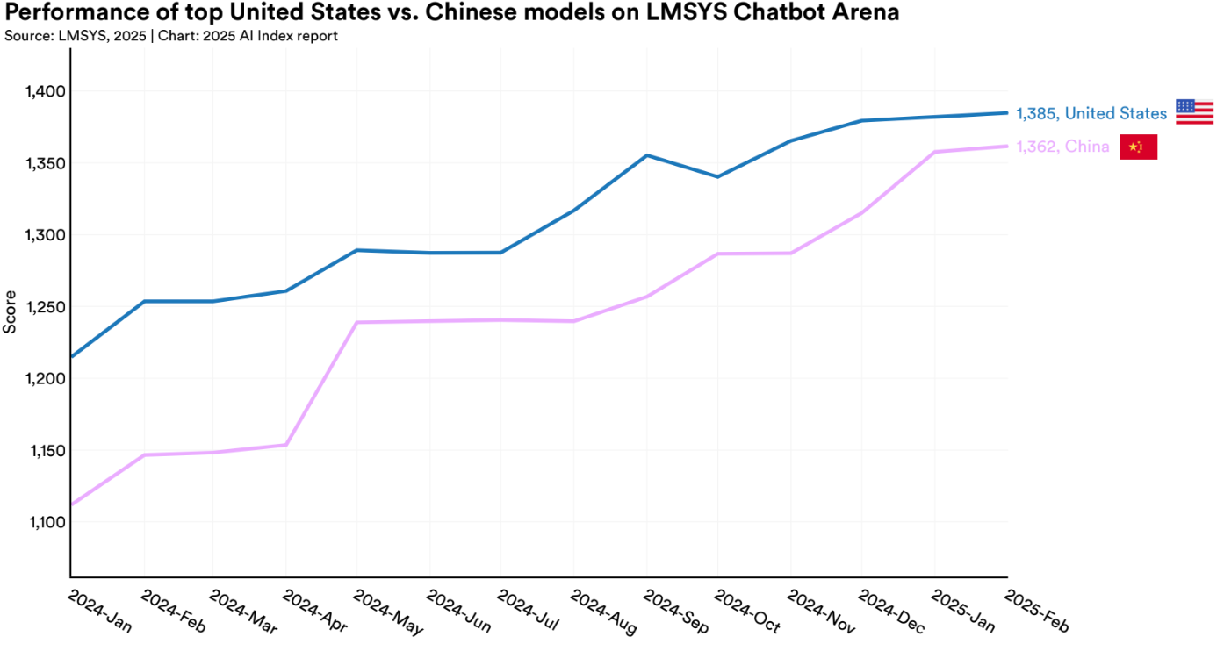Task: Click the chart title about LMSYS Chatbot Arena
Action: (451, 13)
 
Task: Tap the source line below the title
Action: (171, 36)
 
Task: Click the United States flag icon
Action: (1194, 111)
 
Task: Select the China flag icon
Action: (1138, 147)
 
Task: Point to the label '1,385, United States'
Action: (1091, 113)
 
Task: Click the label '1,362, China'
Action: (1062, 147)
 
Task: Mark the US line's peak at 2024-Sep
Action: (647, 155)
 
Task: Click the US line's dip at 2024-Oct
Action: (718, 176)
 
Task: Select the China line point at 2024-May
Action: (357, 322)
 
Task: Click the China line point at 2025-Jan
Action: (934, 152)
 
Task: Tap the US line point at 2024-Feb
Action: (143, 301)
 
